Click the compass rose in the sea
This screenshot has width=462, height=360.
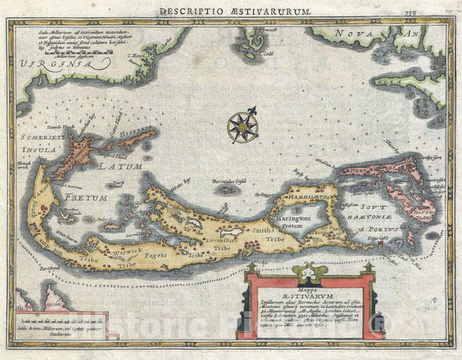coord(242,125)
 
